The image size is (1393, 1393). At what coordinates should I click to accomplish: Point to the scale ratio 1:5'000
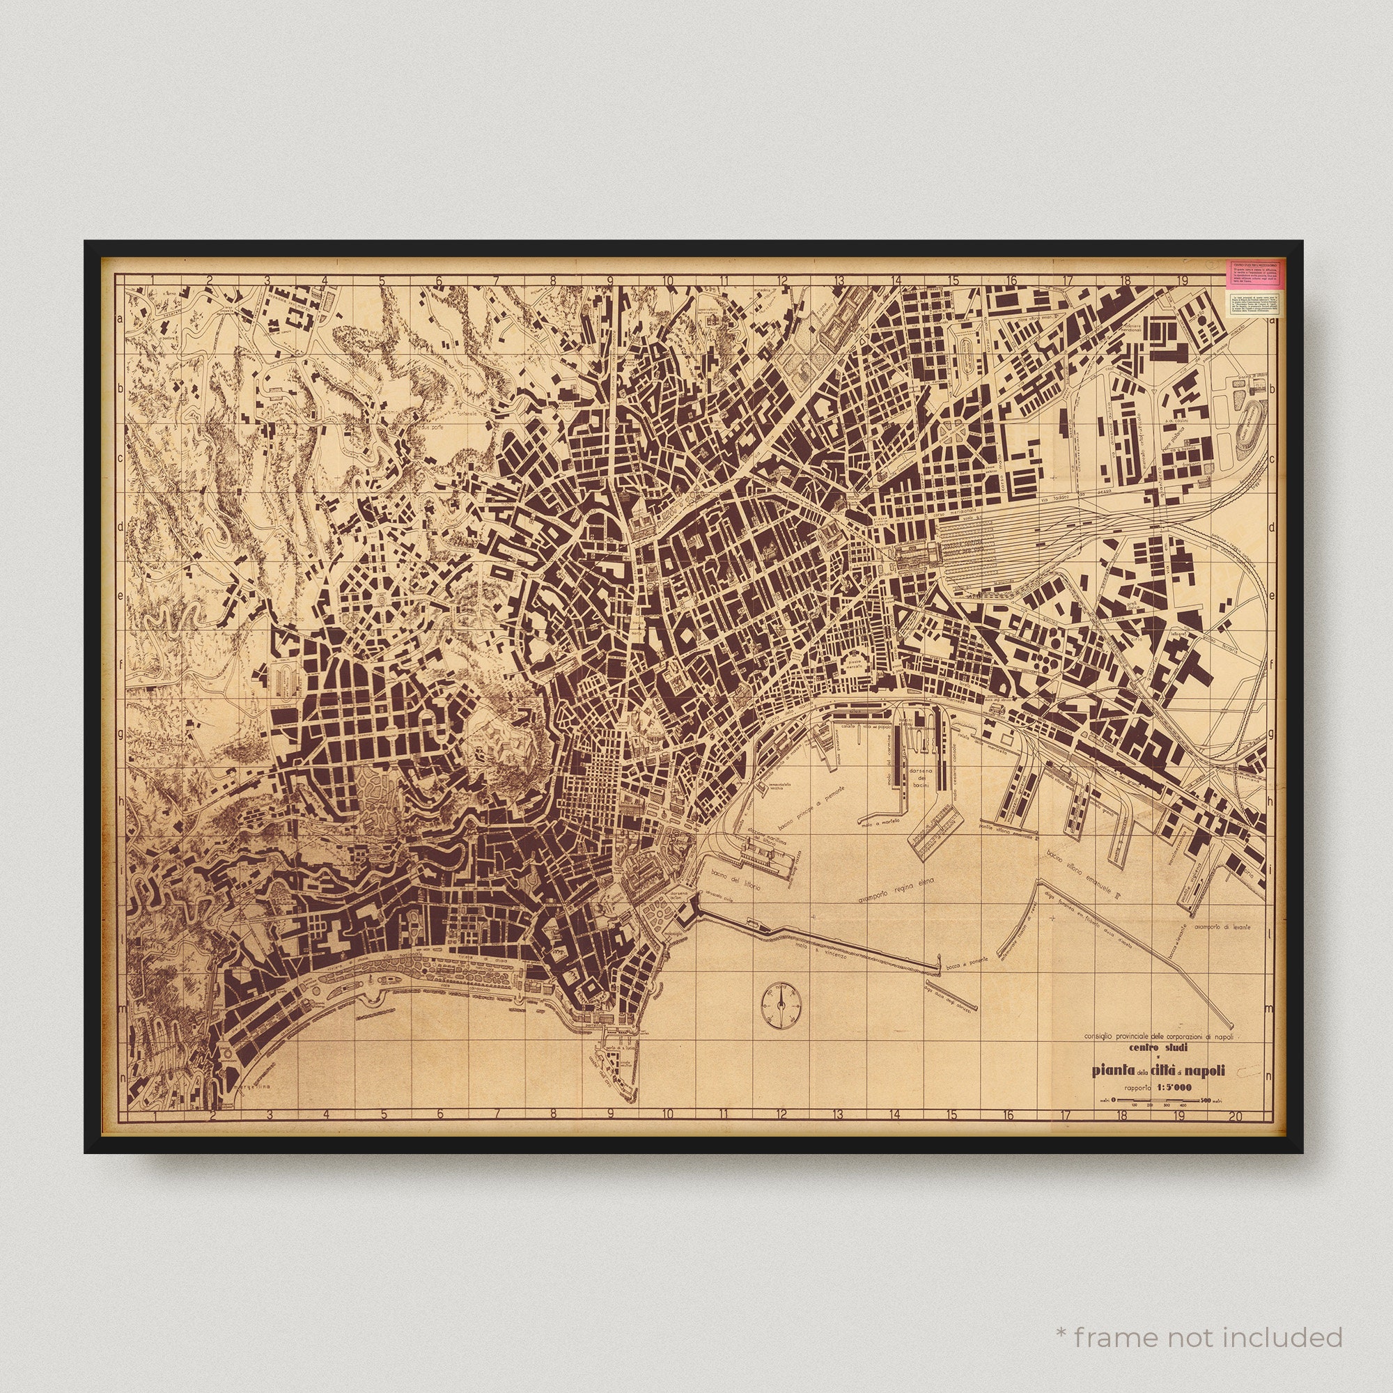(1173, 1088)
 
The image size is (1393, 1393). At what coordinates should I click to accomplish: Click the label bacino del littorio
(735, 881)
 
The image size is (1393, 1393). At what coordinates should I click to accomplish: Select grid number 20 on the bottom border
(1236, 1115)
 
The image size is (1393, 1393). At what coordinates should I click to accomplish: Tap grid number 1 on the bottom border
(155, 1115)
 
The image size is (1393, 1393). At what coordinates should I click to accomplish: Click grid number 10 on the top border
(668, 281)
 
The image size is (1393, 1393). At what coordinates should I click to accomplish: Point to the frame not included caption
(1198, 1338)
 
